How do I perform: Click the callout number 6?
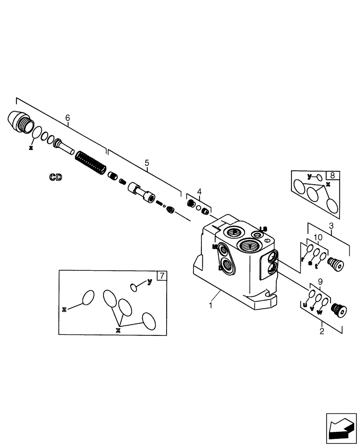click(68, 118)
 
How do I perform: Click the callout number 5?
click(147, 163)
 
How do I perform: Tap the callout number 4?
click(199, 192)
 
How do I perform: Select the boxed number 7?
click(162, 276)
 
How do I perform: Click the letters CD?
click(56, 178)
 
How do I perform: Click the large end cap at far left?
click(20, 122)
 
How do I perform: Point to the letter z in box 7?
click(65, 309)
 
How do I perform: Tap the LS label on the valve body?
click(263, 229)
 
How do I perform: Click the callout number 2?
click(322, 332)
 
